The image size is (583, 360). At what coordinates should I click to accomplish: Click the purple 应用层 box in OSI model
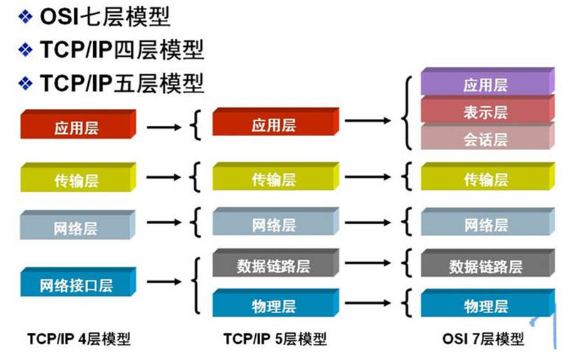pyautogui.click(x=488, y=81)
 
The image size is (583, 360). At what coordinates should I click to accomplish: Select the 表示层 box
pyautogui.click(x=488, y=109)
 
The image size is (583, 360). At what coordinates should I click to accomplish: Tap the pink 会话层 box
pyautogui.click(x=488, y=136)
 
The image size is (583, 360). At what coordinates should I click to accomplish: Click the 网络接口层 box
pyautogui.click(x=78, y=282)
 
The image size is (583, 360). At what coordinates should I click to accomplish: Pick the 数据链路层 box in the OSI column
pyautogui.click(x=488, y=263)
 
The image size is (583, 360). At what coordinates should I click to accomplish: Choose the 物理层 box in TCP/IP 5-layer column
pyautogui.click(x=276, y=303)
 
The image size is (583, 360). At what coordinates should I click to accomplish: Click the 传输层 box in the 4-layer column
pyautogui.click(x=78, y=177)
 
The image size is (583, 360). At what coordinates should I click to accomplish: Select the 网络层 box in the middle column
pyautogui.click(x=276, y=221)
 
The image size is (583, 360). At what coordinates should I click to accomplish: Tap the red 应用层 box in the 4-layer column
pyautogui.click(x=78, y=125)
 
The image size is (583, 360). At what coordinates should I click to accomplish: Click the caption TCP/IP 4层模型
pyautogui.click(x=79, y=339)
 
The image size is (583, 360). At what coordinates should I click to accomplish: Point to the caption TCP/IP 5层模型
pyautogui.click(x=274, y=339)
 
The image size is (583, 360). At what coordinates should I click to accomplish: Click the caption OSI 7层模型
pyautogui.click(x=483, y=339)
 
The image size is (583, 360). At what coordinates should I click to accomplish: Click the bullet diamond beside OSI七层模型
pyautogui.click(x=26, y=17)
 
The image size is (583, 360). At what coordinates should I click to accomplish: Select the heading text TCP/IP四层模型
pyautogui.click(x=122, y=50)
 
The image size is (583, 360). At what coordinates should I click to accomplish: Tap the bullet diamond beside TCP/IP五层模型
pyautogui.click(x=26, y=83)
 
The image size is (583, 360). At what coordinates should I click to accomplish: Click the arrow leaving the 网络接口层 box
pyautogui.click(x=164, y=282)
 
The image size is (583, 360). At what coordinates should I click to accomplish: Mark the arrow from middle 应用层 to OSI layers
pyautogui.click(x=368, y=120)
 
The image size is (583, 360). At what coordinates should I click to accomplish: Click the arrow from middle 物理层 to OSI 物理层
pyautogui.click(x=368, y=303)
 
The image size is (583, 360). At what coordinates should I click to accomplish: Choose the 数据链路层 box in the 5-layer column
pyautogui.click(x=276, y=263)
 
